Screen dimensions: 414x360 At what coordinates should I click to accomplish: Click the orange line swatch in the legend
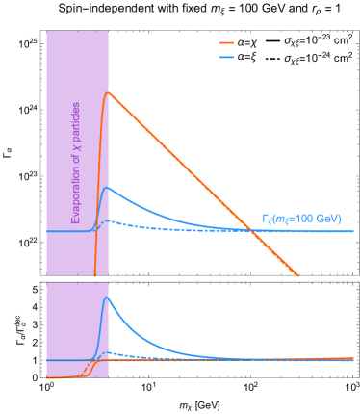(x=226, y=43)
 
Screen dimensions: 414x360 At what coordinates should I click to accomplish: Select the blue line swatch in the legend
(x=226, y=57)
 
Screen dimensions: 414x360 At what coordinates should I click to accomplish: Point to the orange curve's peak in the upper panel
(x=108, y=92)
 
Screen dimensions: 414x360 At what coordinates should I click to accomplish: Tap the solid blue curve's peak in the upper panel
(x=108, y=188)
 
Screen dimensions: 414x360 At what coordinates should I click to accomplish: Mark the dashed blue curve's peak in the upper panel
(x=109, y=220)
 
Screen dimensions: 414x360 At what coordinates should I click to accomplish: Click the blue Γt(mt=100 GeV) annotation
(x=301, y=219)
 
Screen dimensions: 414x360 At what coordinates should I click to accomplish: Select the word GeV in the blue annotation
(x=326, y=219)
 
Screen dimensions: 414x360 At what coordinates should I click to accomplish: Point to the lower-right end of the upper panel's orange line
(x=298, y=274)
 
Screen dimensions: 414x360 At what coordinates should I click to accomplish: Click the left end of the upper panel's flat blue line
(x=46, y=231)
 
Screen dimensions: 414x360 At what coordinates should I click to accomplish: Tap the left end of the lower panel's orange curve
(x=47, y=377)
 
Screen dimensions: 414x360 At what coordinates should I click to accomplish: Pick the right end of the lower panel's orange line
(x=353, y=357)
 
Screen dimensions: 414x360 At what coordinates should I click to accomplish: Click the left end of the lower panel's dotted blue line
(x=47, y=360)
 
